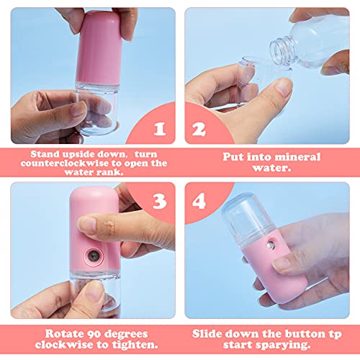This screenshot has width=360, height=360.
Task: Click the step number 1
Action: pyautogui.click(x=160, y=130)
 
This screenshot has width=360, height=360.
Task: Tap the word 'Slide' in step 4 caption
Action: pyautogui.click(x=212, y=334)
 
